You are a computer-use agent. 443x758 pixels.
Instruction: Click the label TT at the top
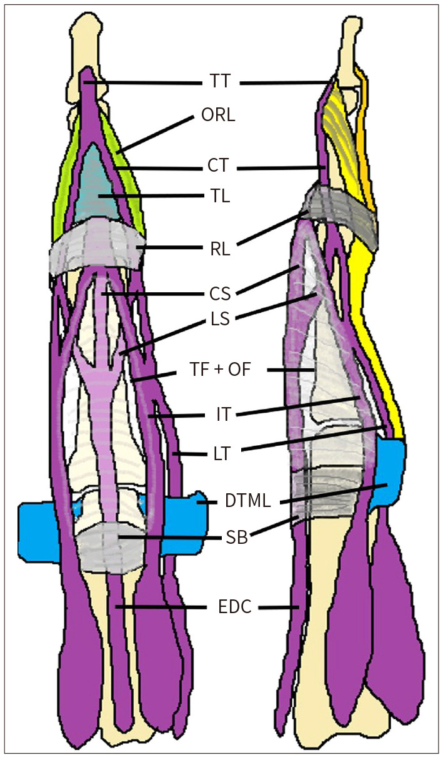click(x=221, y=81)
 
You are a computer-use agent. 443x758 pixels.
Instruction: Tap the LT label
click(x=221, y=454)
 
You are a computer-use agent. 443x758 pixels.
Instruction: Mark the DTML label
click(x=247, y=501)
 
